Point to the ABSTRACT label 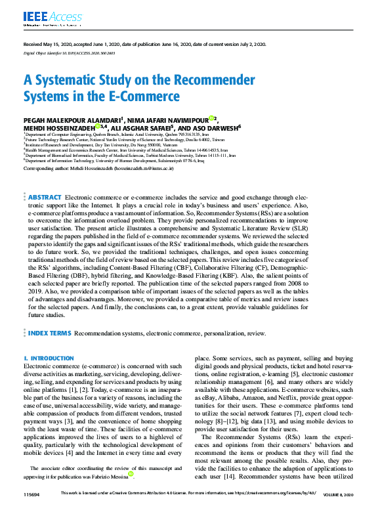pos(45,197)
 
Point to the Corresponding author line pos(98,169)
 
